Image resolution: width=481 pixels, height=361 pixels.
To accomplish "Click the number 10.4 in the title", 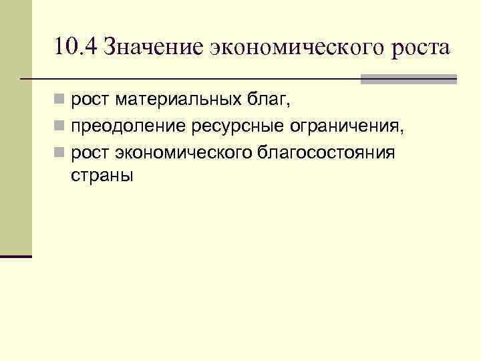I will (x=75, y=49).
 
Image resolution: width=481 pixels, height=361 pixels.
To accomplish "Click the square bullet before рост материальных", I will (x=60, y=101).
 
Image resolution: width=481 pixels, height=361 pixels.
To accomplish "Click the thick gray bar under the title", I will (x=408, y=79).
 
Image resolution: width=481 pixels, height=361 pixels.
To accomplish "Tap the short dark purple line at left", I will (x=16, y=256).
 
